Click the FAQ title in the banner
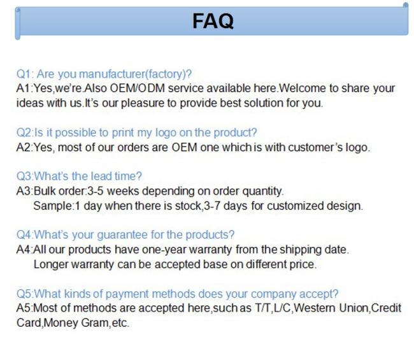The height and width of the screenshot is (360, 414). point(213,21)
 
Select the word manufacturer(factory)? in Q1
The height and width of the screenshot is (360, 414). point(135,74)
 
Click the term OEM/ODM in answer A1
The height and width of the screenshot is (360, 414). point(138,88)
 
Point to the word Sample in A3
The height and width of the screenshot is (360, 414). point(52,206)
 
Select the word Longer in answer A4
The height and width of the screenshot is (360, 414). point(51,264)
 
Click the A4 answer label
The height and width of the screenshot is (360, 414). point(24,250)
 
